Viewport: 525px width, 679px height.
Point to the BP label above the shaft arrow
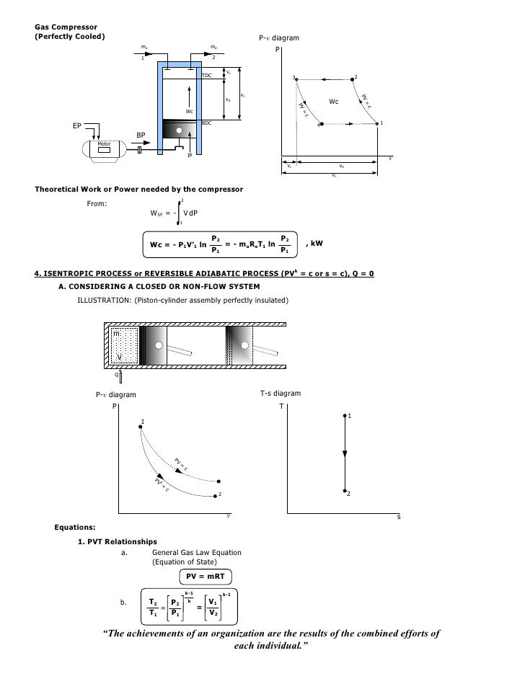pos(141,134)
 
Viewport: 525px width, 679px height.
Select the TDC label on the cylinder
pos(206,74)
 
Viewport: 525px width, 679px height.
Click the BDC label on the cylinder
pos(206,123)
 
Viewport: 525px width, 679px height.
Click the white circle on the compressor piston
pos(179,130)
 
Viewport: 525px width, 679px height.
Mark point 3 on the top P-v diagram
pos(296,79)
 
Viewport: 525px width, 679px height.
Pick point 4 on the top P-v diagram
pos(321,124)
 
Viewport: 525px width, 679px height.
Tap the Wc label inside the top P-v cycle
pos(334,102)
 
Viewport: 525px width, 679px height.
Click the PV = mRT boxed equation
pos(208,576)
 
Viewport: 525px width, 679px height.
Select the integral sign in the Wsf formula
pos(178,213)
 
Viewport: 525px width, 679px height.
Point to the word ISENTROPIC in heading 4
pos(79,274)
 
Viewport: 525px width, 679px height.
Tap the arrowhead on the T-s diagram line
pos(345,453)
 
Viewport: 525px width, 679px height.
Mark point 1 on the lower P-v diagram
pos(140,427)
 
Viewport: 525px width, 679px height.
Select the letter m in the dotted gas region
pos(115,334)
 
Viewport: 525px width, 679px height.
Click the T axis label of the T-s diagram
pos(282,406)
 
